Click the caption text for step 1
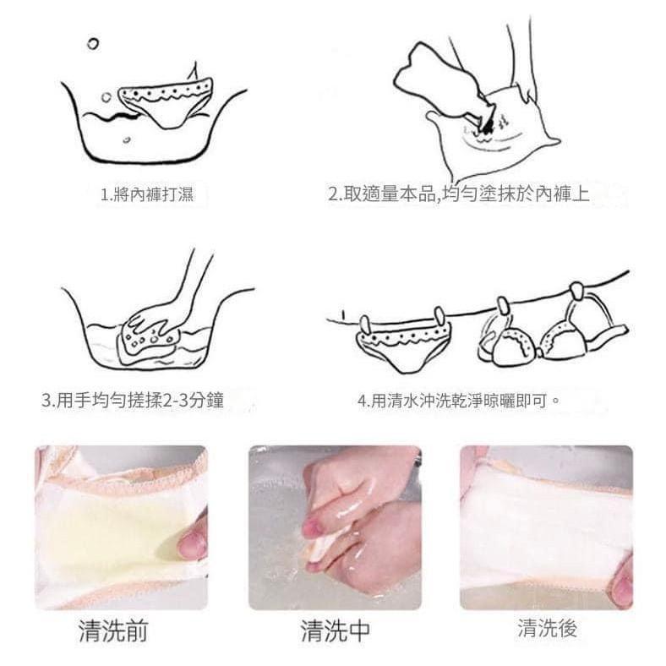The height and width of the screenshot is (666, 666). [146, 195]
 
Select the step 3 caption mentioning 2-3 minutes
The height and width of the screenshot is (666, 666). [133, 400]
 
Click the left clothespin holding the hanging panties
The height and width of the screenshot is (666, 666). [365, 324]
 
